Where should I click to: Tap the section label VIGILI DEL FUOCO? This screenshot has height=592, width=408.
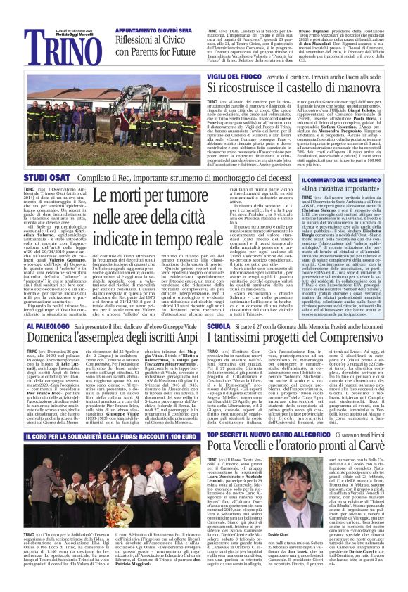[x=236, y=75]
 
